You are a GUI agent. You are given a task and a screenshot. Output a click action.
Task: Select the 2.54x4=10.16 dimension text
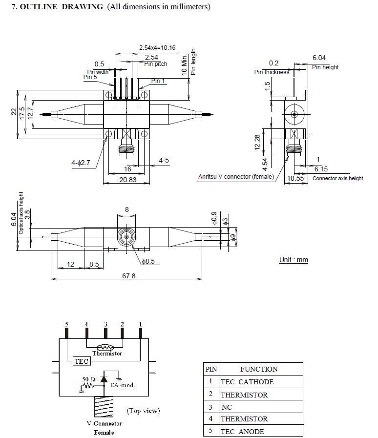pyautogui.click(x=157, y=48)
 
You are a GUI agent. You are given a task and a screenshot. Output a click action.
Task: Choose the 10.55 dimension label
pyautogui.click(x=295, y=178)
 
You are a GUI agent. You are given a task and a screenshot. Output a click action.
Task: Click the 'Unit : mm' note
pyautogui.click(x=294, y=260)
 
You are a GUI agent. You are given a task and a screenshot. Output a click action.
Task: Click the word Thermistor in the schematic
pyautogui.click(x=107, y=354)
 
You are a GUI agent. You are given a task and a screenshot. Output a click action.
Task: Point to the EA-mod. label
pyautogui.click(x=122, y=385)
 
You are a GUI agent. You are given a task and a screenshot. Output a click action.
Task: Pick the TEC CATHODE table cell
pyautogui.click(x=247, y=382)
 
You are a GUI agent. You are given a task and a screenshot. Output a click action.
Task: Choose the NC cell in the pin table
pyautogui.click(x=227, y=406)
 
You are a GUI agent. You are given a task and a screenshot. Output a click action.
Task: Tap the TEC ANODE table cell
pyautogui.click(x=242, y=431)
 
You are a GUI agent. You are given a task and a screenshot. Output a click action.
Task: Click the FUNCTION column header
pyautogui.click(x=259, y=369)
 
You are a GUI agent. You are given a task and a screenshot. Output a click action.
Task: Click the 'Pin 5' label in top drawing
pyautogui.click(x=90, y=77)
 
